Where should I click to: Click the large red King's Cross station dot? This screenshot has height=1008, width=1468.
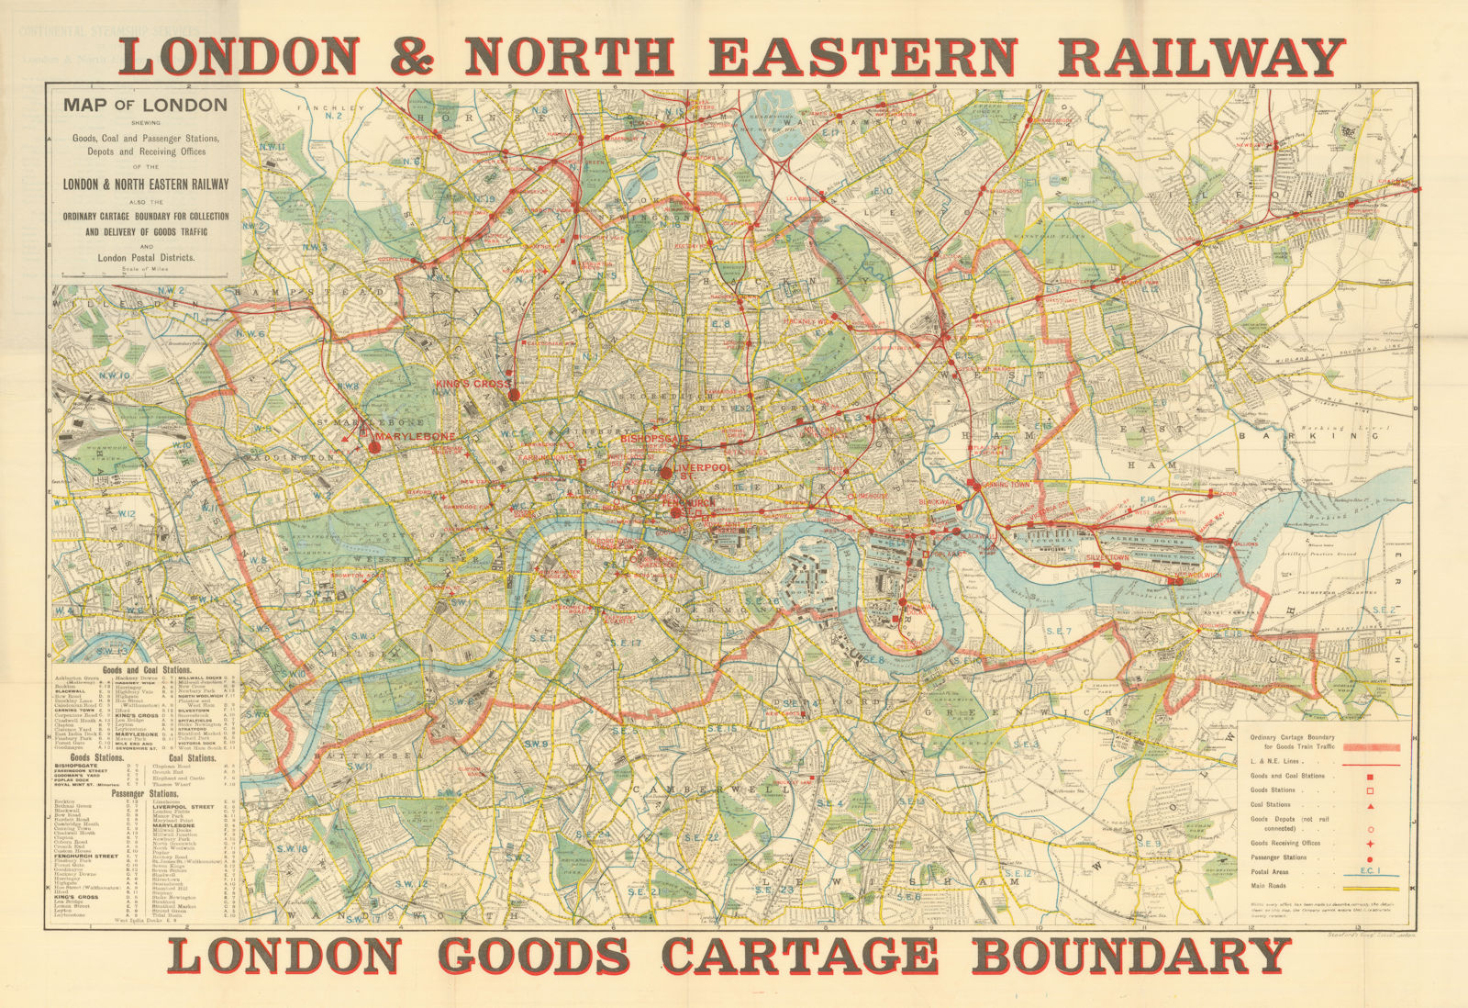point(514,394)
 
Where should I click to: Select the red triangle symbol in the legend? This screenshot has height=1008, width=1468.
point(1370,806)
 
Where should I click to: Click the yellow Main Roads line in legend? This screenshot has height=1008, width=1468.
point(1370,890)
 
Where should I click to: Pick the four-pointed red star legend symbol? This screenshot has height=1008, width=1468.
point(1370,844)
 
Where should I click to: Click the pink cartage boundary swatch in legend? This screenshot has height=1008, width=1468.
point(1370,747)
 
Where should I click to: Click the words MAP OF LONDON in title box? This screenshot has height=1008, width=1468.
point(145,105)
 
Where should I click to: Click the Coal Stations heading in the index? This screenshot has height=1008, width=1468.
point(188,758)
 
